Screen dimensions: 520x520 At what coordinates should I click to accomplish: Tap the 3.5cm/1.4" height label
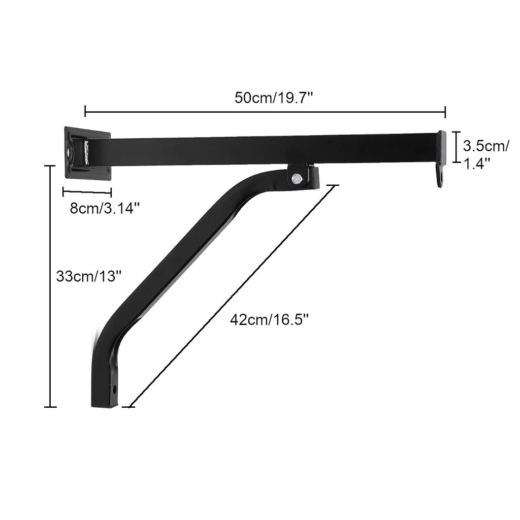pyautogui.click(x=485, y=154)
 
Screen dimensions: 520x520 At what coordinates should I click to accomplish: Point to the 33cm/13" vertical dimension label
pyautogui.click(x=89, y=277)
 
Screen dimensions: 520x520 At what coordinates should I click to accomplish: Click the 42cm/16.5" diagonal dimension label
pyautogui.click(x=269, y=320)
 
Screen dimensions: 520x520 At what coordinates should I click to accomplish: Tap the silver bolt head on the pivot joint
pyautogui.click(x=297, y=178)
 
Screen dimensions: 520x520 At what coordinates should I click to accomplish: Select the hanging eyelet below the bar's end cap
pyautogui.click(x=440, y=178)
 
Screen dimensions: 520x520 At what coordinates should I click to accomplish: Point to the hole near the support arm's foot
pyautogui.click(x=115, y=389)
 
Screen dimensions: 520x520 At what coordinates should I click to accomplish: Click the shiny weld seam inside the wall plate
pyautogui.click(x=86, y=152)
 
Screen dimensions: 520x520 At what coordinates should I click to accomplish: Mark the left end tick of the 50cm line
pyautogui.click(x=85, y=111)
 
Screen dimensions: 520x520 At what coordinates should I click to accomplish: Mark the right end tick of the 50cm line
pyautogui.click(x=445, y=111)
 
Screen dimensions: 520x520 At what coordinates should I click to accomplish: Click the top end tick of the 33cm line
pyautogui.click(x=50, y=166)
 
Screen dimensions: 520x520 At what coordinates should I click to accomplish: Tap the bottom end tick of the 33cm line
pyautogui.click(x=50, y=407)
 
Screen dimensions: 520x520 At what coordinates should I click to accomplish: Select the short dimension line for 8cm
pyautogui.click(x=87, y=192)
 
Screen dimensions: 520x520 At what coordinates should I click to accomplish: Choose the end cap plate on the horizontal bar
pyautogui.click(x=442, y=147)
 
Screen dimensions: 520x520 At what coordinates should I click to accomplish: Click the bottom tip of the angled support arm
pyautogui.click(x=105, y=405)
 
